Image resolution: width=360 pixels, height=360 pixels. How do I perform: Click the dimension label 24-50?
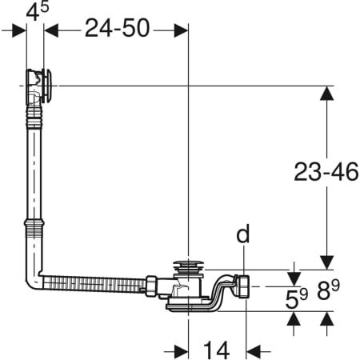coord(118,28)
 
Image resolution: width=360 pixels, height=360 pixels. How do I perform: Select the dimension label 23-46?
coord(326,172)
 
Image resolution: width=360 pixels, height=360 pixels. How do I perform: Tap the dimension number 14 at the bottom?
coord(216,350)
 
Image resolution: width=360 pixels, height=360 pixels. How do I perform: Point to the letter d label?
coord(243,234)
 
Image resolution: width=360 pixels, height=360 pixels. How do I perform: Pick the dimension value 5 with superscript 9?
coord(297,298)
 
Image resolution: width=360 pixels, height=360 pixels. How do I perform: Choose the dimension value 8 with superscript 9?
coord(328,290)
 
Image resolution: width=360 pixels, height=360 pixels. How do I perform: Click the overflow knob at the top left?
coord(47,86)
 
